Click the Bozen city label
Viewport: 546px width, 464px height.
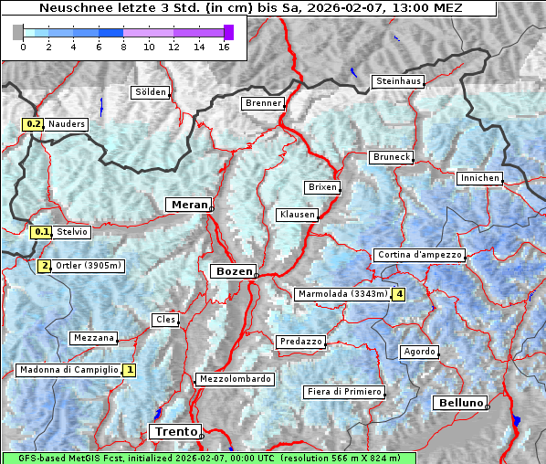[x=232, y=271]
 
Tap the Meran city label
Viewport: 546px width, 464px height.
[x=187, y=205]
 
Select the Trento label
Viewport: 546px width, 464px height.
[x=173, y=432]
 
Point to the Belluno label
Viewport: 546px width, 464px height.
[x=459, y=403]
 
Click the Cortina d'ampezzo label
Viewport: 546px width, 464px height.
[x=418, y=255]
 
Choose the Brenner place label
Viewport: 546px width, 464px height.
[x=263, y=103]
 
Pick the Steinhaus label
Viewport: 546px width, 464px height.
[x=398, y=81]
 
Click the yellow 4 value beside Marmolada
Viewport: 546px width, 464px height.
[x=398, y=294]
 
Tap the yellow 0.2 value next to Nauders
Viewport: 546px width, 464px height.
[x=33, y=124]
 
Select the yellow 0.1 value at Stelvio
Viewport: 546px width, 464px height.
[x=40, y=232]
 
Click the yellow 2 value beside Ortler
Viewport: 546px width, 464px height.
[x=44, y=267]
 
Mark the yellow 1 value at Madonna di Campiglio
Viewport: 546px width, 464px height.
[x=129, y=370]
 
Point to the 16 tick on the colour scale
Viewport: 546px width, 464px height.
[x=223, y=47]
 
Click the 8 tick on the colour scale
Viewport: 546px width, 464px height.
[x=123, y=47]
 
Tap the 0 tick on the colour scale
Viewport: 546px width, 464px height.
[x=23, y=47]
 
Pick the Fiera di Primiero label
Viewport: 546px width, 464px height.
[x=343, y=392]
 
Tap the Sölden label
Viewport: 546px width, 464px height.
[x=151, y=92]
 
